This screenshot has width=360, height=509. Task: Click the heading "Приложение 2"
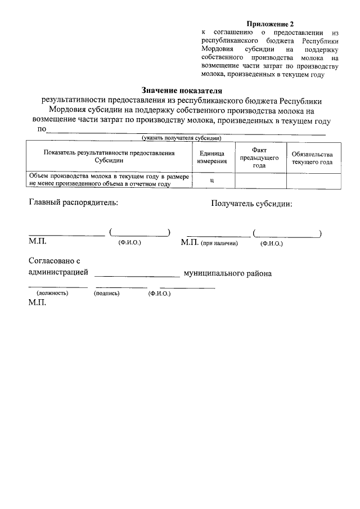point(271,24)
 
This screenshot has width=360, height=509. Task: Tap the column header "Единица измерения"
point(212,157)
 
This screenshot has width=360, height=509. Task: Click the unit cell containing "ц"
point(211,180)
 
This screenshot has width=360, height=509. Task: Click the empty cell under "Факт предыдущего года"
point(259,180)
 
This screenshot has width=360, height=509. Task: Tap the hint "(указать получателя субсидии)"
point(182,138)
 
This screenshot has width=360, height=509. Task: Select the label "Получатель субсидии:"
point(251,204)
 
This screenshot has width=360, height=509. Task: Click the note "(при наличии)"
point(220,244)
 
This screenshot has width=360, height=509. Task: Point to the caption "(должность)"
point(52,293)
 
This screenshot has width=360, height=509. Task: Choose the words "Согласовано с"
point(55,261)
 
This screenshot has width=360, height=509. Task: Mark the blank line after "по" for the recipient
point(186,132)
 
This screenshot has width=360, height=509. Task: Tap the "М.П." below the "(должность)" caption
point(37,302)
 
